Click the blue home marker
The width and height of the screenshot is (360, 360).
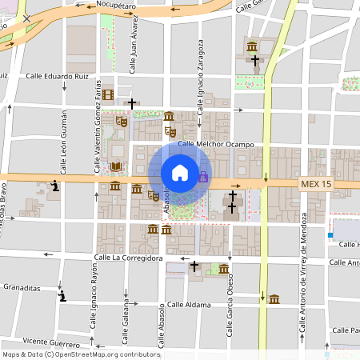[180, 173]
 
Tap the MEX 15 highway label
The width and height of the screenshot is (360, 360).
[316, 184]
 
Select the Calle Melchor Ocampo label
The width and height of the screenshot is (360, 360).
[215, 145]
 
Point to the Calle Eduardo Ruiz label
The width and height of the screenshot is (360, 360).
[58, 77]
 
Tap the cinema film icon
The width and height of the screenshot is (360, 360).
[108, 95]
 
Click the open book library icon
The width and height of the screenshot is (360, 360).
[116, 166]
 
